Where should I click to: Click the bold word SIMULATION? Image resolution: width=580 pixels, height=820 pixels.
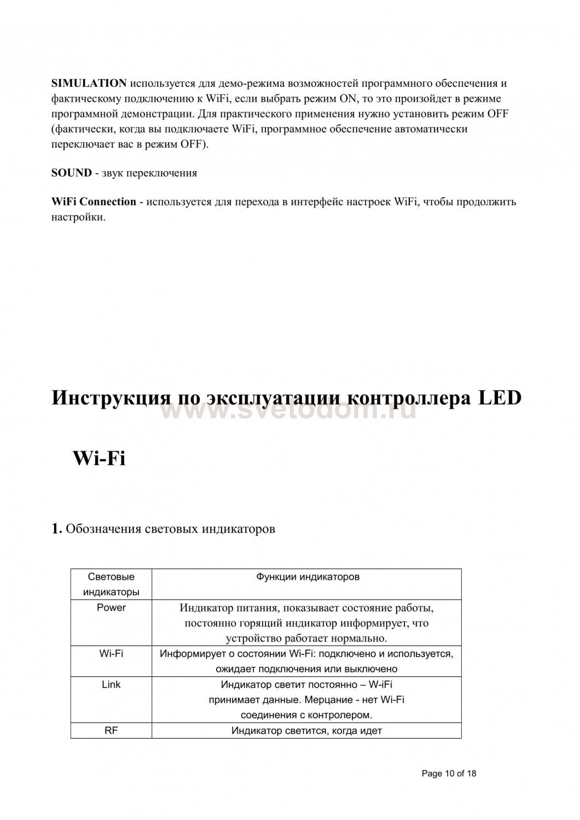(89, 83)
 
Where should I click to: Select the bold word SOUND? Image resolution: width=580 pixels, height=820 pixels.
(71, 173)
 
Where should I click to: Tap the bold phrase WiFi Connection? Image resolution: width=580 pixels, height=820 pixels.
(94, 202)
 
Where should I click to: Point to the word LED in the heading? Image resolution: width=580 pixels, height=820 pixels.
(500, 398)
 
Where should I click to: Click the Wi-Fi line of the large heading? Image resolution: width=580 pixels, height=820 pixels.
(99, 458)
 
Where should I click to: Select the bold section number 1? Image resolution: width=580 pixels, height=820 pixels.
(56, 529)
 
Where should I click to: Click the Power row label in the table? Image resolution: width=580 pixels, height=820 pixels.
(111, 608)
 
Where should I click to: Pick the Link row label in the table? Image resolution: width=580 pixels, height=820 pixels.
(111, 684)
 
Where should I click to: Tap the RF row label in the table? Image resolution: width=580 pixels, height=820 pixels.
(111, 730)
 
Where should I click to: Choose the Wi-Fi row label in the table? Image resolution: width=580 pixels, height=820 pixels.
(111, 653)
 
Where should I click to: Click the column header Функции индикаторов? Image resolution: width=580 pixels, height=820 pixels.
(308, 577)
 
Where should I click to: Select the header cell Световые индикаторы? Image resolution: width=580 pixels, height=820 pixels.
(111, 584)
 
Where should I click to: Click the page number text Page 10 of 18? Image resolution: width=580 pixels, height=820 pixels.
(449, 774)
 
